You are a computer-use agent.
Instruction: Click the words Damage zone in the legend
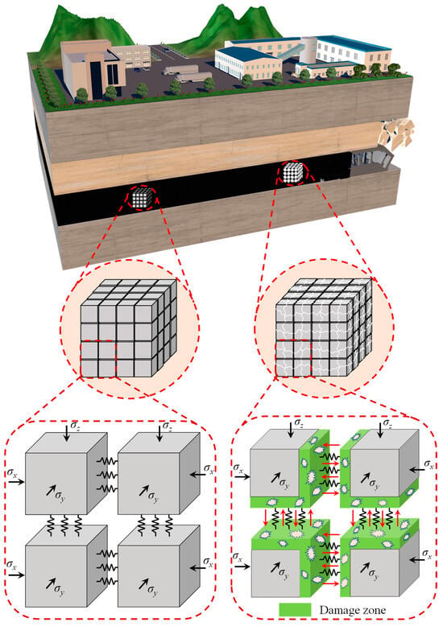pyautogui.click(x=353, y=610)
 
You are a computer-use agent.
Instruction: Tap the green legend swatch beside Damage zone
pyautogui.click(x=295, y=610)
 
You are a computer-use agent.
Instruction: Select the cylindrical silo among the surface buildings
pyautogui.click(x=308, y=50)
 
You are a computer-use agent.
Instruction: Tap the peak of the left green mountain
pyautogui.click(x=71, y=6)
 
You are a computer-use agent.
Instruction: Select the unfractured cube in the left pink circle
pyautogui.click(x=128, y=328)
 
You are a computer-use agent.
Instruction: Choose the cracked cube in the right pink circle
pyautogui.click(x=324, y=327)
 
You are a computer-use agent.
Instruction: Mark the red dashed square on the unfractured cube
pyautogui.click(x=98, y=359)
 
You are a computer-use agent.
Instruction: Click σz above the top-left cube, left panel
pyautogui.click(x=75, y=426)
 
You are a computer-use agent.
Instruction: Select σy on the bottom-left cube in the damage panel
pyautogui.click(x=284, y=574)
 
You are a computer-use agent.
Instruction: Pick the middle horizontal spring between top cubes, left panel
pyautogui.click(x=107, y=475)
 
